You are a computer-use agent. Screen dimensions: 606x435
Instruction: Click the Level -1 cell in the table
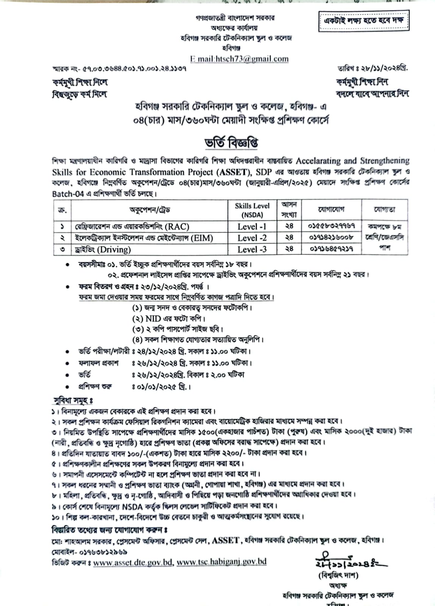point(252,226)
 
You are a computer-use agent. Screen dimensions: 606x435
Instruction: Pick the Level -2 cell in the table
point(252,238)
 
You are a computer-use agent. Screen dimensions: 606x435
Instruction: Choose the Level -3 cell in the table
point(252,249)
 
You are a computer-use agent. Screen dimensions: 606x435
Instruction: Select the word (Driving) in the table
point(114,249)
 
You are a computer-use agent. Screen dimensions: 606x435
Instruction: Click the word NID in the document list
point(153,319)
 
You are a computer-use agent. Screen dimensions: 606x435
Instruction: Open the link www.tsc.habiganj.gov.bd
point(221,562)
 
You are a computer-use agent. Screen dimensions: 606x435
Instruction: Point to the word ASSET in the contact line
point(226,540)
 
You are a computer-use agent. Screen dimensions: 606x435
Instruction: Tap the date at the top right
point(373,69)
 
